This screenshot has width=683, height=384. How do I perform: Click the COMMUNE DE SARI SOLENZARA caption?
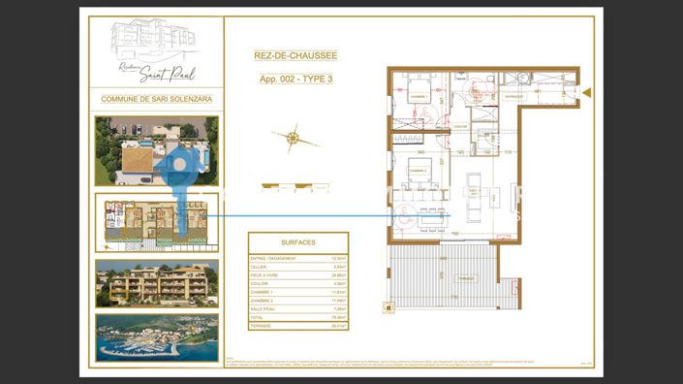157,99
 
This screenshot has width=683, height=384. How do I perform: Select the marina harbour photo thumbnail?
157,336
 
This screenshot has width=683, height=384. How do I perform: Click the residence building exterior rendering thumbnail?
157,281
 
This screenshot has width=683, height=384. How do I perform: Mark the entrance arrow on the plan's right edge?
586,92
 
